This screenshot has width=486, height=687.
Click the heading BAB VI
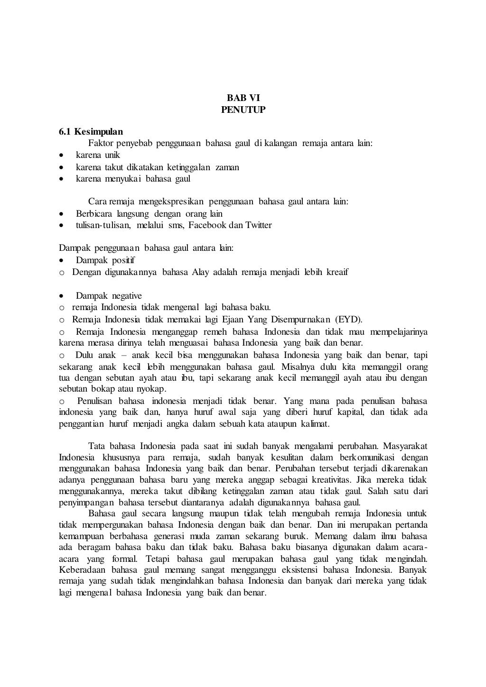pyautogui.click(x=243, y=98)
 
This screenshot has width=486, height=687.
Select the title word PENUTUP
pyautogui.click(x=243, y=110)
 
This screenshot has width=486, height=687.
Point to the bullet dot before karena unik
pyautogui.click(x=61, y=156)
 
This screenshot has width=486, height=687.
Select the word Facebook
pyautogui.click(x=207, y=225)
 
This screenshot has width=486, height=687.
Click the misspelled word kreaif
pyautogui.click(x=337, y=272)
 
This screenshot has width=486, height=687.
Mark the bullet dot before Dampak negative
pyautogui.click(x=61, y=296)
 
